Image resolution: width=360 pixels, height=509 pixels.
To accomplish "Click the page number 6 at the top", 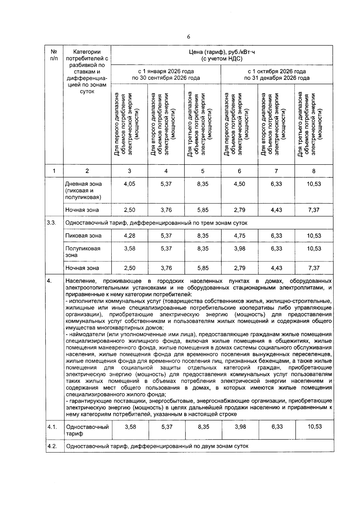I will click(188, 37).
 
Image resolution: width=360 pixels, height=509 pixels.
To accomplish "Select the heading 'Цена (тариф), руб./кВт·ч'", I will click(222, 52).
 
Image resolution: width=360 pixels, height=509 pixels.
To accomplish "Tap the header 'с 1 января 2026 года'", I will click(166, 71).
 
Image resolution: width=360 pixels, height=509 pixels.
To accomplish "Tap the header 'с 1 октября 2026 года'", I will click(277, 71).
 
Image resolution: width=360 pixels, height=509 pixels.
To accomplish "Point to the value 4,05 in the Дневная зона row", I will click(129, 184).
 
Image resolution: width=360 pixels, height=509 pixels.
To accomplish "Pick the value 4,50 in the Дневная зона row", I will click(239, 184).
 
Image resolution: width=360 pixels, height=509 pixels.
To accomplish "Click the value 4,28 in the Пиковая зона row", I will click(129, 236).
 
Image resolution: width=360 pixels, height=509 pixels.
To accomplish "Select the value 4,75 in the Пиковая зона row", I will click(239, 236).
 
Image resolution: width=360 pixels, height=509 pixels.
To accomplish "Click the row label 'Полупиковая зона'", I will click(83, 252).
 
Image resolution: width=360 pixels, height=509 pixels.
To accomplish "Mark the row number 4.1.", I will click(52, 427).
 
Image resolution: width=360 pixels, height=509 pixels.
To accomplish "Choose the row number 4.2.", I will click(52, 446).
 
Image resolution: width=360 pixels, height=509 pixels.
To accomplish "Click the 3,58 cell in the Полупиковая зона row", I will click(129, 248).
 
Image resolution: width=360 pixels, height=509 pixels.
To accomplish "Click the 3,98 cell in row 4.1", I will click(240, 426).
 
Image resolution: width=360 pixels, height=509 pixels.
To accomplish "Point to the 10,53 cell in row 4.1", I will click(314, 426).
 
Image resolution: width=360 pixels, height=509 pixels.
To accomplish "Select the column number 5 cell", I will click(203, 171).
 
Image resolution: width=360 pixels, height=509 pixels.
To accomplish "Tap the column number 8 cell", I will click(314, 171).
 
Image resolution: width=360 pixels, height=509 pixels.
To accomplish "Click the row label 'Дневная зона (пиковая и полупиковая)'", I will click(83, 190).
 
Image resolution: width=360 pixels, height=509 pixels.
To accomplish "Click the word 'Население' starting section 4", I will click(81, 281).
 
